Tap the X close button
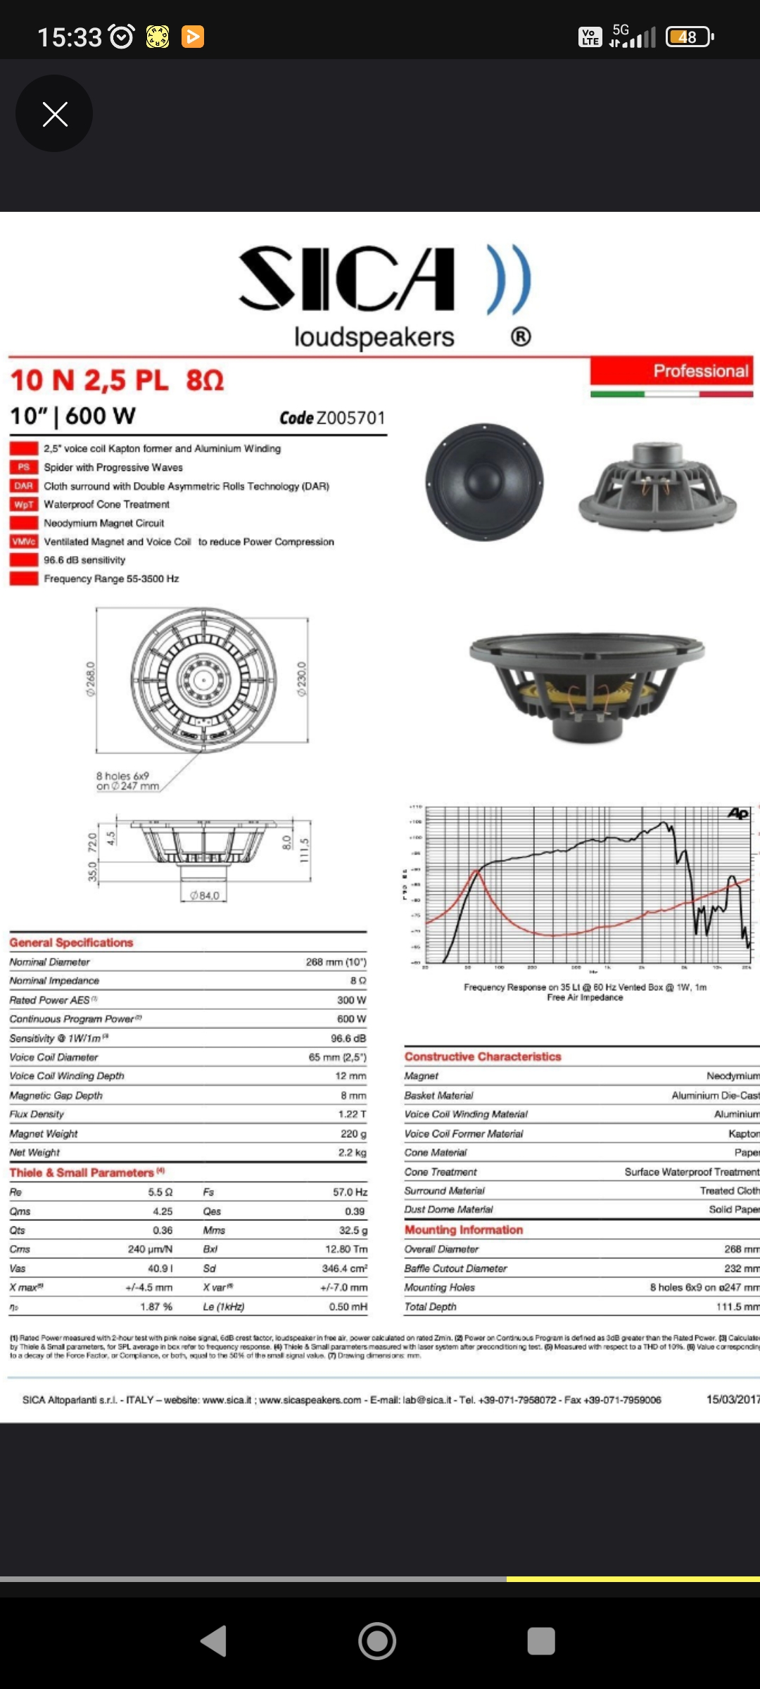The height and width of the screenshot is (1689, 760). click(x=55, y=113)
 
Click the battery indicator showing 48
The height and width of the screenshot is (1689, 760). click(x=688, y=37)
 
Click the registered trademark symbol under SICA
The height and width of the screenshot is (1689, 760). click(x=521, y=337)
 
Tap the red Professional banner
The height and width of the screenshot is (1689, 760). click(x=671, y=371)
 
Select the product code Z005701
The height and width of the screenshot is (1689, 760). click(x=350, y=418)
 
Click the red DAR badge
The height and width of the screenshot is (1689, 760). click(x=23, y=486)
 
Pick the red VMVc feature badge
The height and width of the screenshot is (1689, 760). click(x=23, y=541)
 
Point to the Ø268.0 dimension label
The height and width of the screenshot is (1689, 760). click(x=91, y=678)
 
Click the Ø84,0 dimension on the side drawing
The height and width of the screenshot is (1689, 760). click(x=205, y=896)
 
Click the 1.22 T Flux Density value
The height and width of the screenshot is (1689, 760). click(x=352, y=1114)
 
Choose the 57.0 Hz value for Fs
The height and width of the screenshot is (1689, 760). click(x=350, y=1191)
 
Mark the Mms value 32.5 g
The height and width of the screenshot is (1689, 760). click(x=353, y=1230)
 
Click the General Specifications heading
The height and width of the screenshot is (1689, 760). click(x=71, y=942)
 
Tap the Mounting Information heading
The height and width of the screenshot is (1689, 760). click(x=464, y=1229)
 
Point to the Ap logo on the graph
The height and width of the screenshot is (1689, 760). click(x=737, y=814)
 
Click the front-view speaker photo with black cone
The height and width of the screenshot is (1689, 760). click(x=484, y=482)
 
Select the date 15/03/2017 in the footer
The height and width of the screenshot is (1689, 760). click(x=733, y=1399)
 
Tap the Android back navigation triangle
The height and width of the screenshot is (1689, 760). click(x=214, y=1641)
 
